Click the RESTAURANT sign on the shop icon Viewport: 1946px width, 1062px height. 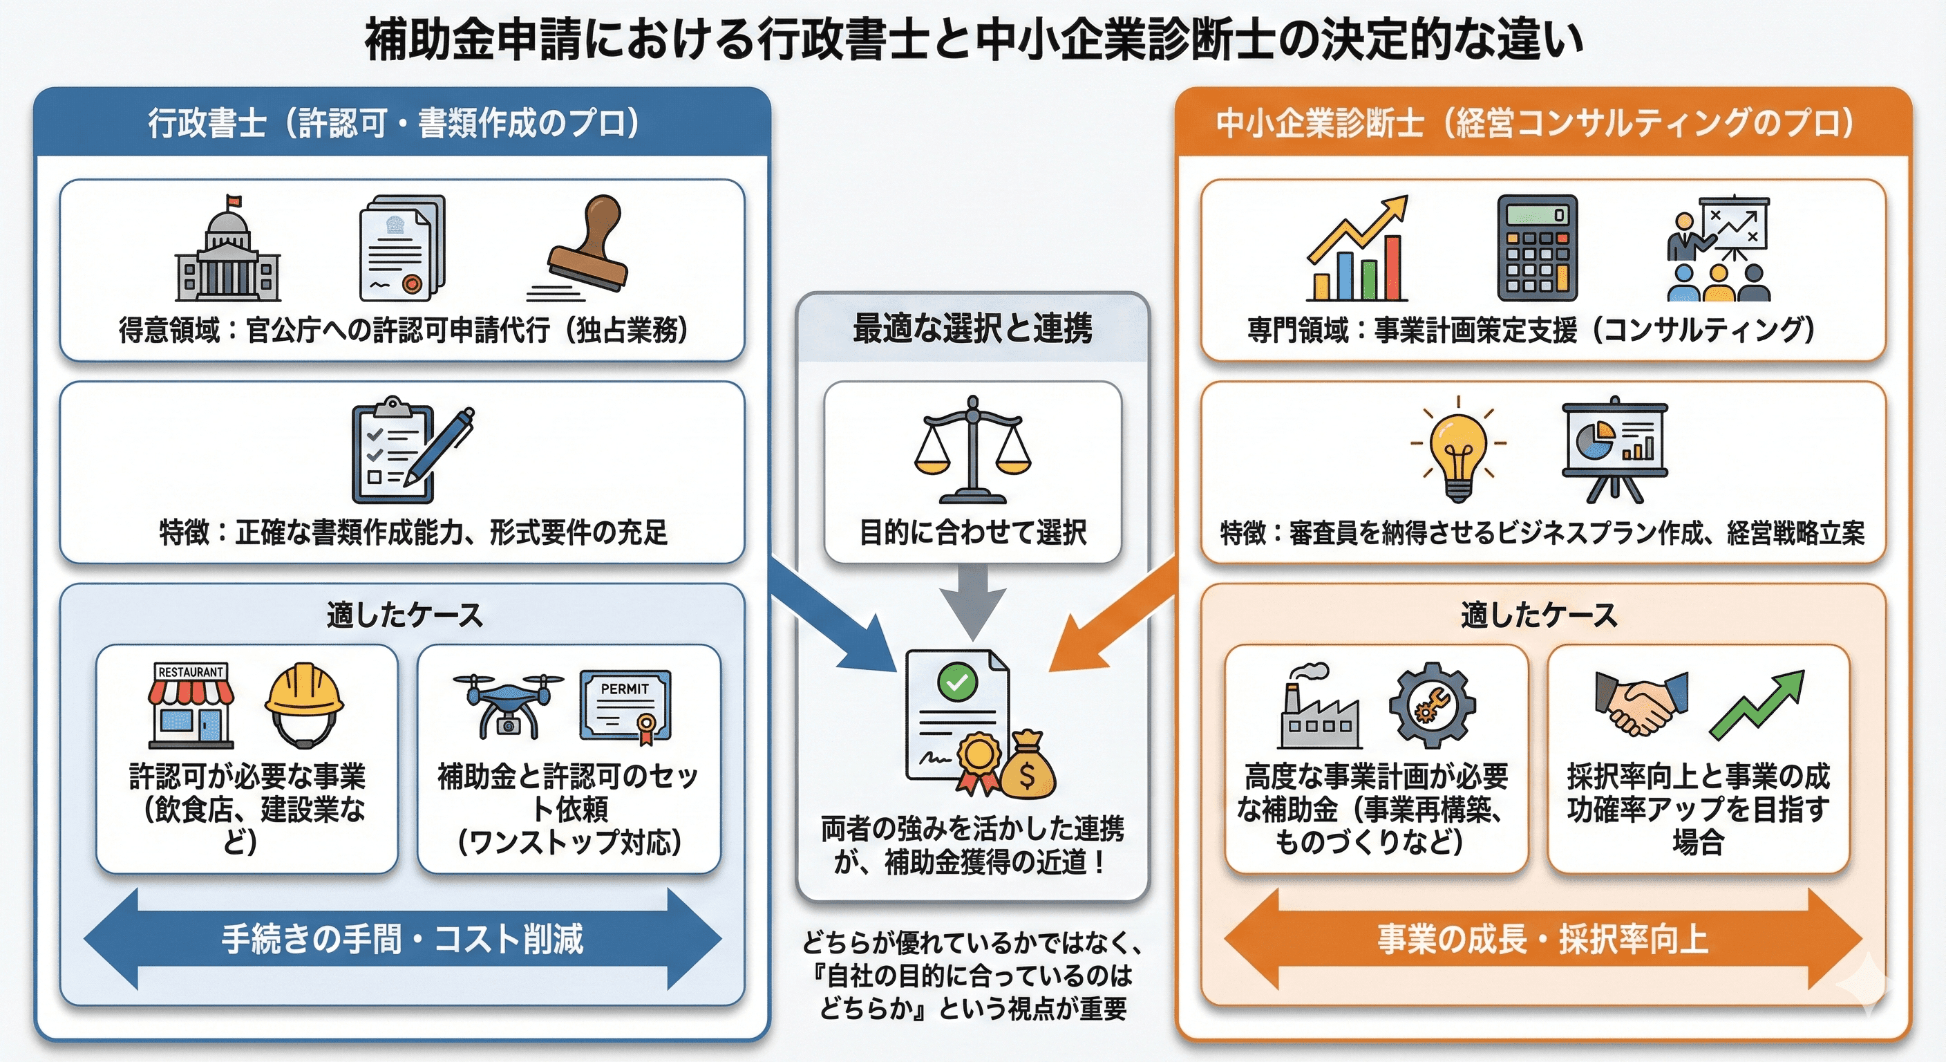pos(190,672)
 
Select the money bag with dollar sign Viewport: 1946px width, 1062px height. pos(1028,765)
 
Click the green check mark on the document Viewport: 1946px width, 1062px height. pos(957,682)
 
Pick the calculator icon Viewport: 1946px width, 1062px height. pos(1537,248)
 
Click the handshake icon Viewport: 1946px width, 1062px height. pos(1641,704)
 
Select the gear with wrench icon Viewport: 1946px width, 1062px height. pos(1432,705)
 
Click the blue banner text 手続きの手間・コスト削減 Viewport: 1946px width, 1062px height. pos(402,940)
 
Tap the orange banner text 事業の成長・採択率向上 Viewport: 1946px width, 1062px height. pos(1542,940)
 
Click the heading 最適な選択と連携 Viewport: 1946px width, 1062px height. pos(972,329)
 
